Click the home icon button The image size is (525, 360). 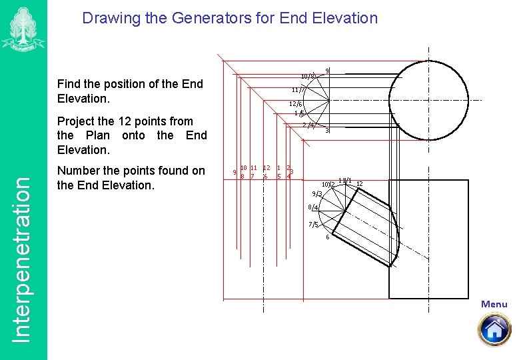494,329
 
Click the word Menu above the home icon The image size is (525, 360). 494,304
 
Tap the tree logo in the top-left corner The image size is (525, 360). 23,28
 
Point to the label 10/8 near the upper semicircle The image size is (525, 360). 307,76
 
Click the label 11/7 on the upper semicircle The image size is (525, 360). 298,90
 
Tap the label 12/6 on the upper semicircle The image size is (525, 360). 295,104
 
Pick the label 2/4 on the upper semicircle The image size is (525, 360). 308,125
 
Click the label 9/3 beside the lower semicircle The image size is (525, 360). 316,194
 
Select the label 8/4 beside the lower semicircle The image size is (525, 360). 313,209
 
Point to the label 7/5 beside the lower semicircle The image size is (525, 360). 313,225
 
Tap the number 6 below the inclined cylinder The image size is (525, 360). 327,237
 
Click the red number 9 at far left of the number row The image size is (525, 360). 234,172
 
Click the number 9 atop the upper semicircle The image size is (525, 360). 327,71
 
